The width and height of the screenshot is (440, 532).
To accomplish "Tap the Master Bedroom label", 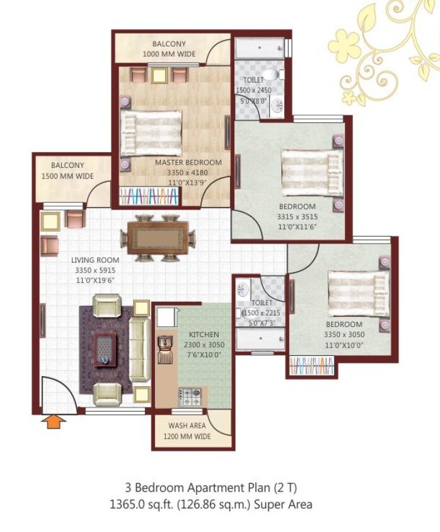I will tap(188, 162).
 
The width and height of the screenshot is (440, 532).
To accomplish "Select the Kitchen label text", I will tap(204, 334).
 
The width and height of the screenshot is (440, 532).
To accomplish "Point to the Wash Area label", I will tap(190, 426).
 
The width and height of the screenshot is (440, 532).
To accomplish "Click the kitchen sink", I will tap(166, 344).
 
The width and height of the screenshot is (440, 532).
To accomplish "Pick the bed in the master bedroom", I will tap(151, 133).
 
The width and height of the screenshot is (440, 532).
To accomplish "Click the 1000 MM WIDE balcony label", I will tap(169, 54).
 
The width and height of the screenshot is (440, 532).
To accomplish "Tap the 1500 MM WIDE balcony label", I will tap(67, 176).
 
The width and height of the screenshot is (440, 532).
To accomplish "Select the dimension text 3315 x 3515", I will tap(298, 216).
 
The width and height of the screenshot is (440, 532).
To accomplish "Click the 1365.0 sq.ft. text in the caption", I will tap(143, 504).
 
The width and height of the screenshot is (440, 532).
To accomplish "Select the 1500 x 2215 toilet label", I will tap(260, 314).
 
